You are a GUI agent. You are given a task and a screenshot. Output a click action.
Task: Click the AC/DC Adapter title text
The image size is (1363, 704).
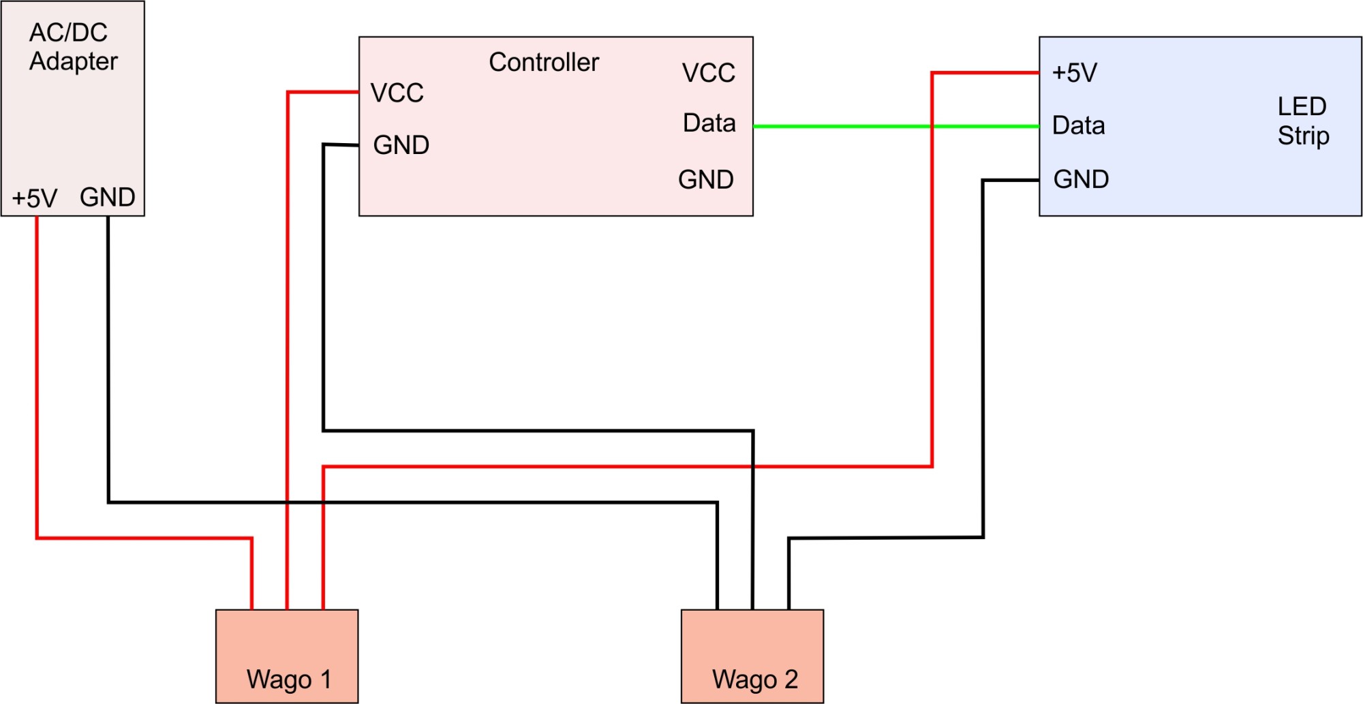coord(73,46)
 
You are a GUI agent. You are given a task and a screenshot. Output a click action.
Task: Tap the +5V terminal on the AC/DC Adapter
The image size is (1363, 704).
coord(35,198)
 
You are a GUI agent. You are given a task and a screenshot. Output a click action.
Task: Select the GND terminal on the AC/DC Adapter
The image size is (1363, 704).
coord(107,197)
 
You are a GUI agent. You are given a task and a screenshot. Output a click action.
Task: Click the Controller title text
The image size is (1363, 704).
coord(544,62)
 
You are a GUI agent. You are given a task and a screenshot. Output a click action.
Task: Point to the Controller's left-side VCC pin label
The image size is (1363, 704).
coord(397,93)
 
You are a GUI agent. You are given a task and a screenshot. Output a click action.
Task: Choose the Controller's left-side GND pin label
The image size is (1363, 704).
coord(401,145)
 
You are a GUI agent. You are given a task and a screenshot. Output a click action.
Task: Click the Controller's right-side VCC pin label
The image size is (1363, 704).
coord(708,73)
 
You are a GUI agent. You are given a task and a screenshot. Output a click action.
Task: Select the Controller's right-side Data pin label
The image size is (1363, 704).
coord(709,123)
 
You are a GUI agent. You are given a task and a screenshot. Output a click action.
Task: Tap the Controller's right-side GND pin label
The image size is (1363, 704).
coord(705,180)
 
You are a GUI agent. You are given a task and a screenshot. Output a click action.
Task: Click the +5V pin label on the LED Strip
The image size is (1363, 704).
coord(1074,73)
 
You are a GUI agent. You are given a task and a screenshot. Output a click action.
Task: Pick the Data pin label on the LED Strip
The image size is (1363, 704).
coord(1078,125)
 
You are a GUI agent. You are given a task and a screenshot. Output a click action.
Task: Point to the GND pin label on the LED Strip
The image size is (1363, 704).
coord(1081,179)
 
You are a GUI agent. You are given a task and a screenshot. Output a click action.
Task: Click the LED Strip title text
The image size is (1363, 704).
coord(1302,121)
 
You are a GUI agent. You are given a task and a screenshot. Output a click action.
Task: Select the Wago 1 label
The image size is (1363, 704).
coord(288,679)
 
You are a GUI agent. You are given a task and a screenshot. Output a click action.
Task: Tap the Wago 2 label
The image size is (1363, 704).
coord(754,679)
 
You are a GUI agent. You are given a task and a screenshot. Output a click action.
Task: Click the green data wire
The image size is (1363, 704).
coord(838,126)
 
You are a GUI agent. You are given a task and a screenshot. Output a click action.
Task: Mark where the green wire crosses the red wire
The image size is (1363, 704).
coord(932,126)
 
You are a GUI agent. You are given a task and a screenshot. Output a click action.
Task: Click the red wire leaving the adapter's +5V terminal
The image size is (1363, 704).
coord(37,375)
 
